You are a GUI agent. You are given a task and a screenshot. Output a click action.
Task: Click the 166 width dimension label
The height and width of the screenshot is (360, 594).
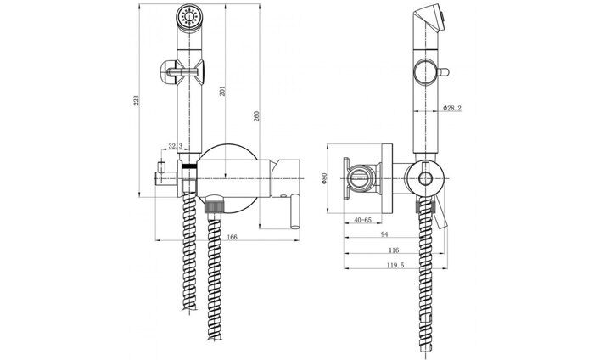[x=232, y=237]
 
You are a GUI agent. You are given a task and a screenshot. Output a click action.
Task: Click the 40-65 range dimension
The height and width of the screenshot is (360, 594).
[x=362, y=220]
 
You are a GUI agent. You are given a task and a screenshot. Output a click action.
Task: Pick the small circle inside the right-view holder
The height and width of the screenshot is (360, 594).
[x=424, y=177]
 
